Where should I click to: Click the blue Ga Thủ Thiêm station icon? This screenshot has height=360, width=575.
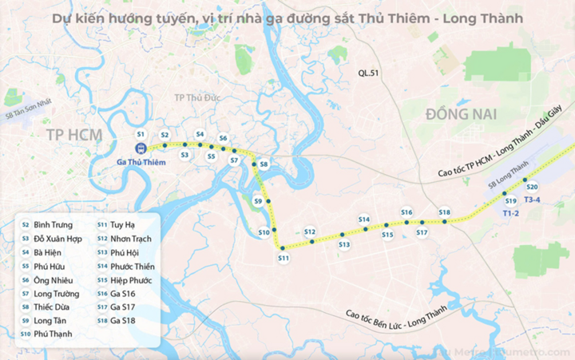point(141,148)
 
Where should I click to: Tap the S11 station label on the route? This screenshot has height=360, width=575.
point(283,258)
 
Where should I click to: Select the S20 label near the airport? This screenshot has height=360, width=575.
point(533,187)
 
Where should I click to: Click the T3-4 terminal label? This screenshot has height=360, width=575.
point(533,200)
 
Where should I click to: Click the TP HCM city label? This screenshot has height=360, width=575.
point(69,133)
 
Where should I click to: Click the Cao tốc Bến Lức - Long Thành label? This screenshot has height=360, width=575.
point(415,318)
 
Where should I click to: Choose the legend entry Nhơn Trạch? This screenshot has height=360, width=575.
point(132,239)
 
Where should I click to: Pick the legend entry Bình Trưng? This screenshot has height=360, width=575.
point(54,225)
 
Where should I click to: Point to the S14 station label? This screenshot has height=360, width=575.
point(364,219)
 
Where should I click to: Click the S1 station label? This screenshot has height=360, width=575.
point(141,133)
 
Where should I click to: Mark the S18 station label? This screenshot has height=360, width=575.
point(445,212)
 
